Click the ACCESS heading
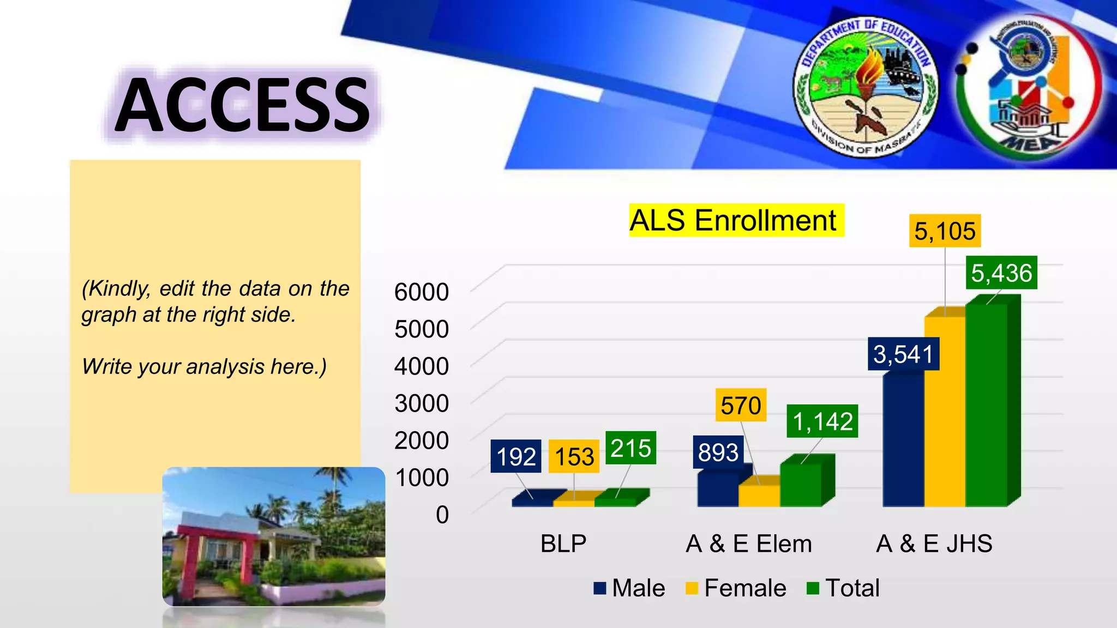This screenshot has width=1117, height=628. pyautogui.click(x=243, y=105)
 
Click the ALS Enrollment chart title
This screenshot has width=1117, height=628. pyautogui.click(x=732, y=221)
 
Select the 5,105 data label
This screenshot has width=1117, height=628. pyautogui.click(x=945, y=231)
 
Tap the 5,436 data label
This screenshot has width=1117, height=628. pyautogui.click(x=1001, y=273)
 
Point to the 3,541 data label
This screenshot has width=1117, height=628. pyautogui.click(x=903, y=354)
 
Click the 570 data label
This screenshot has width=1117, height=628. pyautogui.click(x=741, y=406)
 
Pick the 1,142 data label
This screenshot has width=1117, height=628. pyautogui.click(x=822, y=421)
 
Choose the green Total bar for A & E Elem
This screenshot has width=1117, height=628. pyautogui.click(x=800, y=485)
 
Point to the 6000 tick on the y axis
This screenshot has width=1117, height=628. pyautogui.click(x=421, y=292)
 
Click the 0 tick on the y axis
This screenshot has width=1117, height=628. pyautogui.click(x=442, y=515)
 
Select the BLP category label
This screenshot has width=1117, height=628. pyautogui.click(x=563, y=544)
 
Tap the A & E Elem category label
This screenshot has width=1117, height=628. pyautogui.click(x=748, y=544)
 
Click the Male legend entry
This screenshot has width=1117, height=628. pyautogui.click(x=629, y=588)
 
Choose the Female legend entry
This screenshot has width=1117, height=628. pyautogui.click(x=736, y=588)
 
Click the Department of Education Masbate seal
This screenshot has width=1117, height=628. pyautogui.click(x=865, y=86)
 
